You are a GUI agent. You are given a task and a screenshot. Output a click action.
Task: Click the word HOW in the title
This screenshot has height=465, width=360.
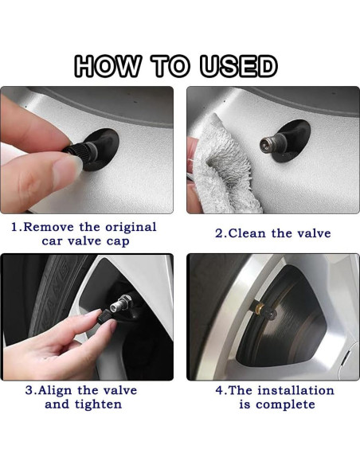click(x=108, y=66)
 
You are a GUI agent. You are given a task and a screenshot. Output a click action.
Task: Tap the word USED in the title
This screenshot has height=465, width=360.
click(x=239, y=66)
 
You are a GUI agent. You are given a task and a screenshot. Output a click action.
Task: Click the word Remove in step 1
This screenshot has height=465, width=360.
click(x=49, y=227)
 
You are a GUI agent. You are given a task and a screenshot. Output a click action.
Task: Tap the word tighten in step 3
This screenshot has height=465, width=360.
click(x=98, y=404)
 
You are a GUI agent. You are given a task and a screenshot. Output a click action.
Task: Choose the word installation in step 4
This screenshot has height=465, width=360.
click(x=295, y=390)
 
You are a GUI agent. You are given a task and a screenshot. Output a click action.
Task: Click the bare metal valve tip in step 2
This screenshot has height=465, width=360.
click(x=266, y=143)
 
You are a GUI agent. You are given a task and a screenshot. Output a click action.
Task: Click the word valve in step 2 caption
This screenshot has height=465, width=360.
click(x=315, y=233)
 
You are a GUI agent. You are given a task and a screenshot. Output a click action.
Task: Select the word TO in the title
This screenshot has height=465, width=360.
click(x=170, y=66)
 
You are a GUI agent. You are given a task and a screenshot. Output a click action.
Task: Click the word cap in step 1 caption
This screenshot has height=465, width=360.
click(x=118, y=242)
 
